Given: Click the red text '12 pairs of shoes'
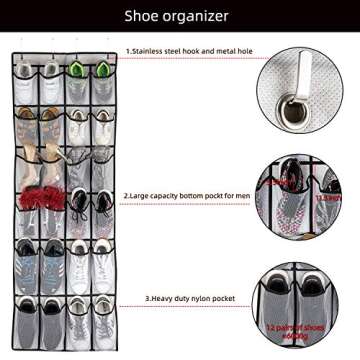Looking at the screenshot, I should click(299, 326).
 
